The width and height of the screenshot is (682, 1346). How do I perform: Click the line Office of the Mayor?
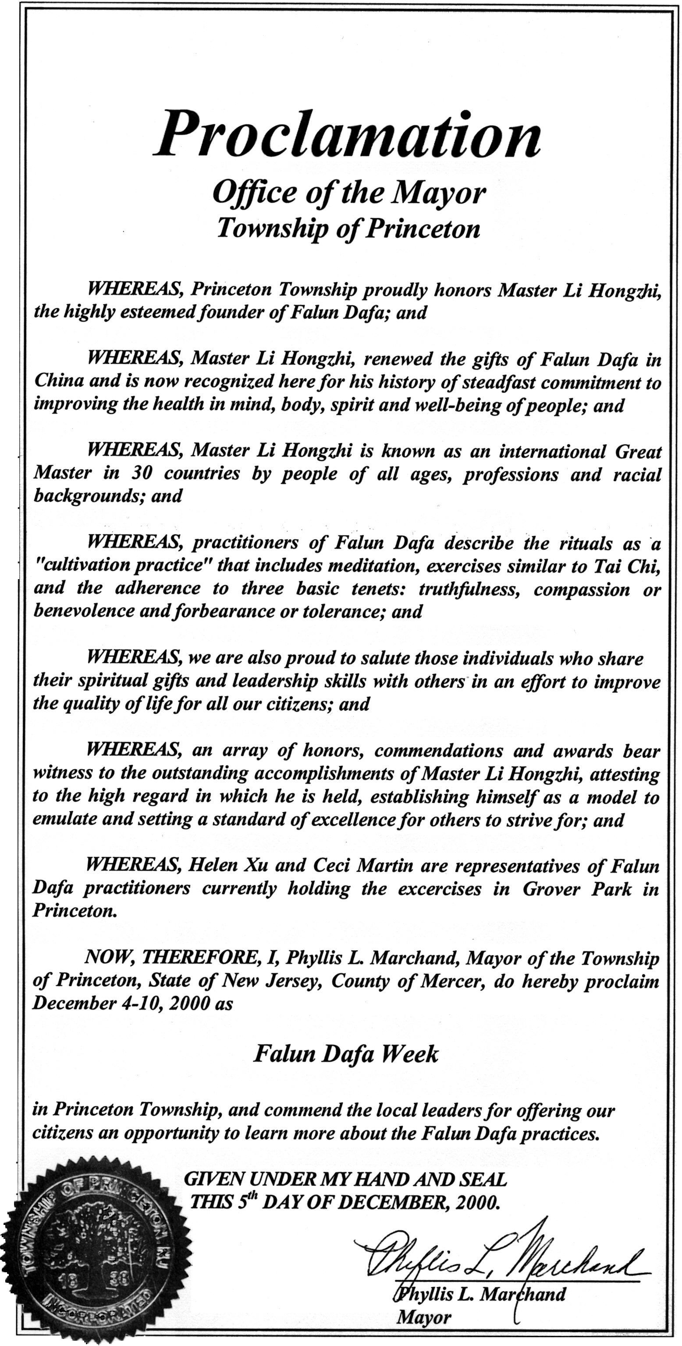pyautogui.click(x=349, y=193)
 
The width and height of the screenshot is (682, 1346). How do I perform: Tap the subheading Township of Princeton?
pyautogui.click(x=348, y=228)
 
